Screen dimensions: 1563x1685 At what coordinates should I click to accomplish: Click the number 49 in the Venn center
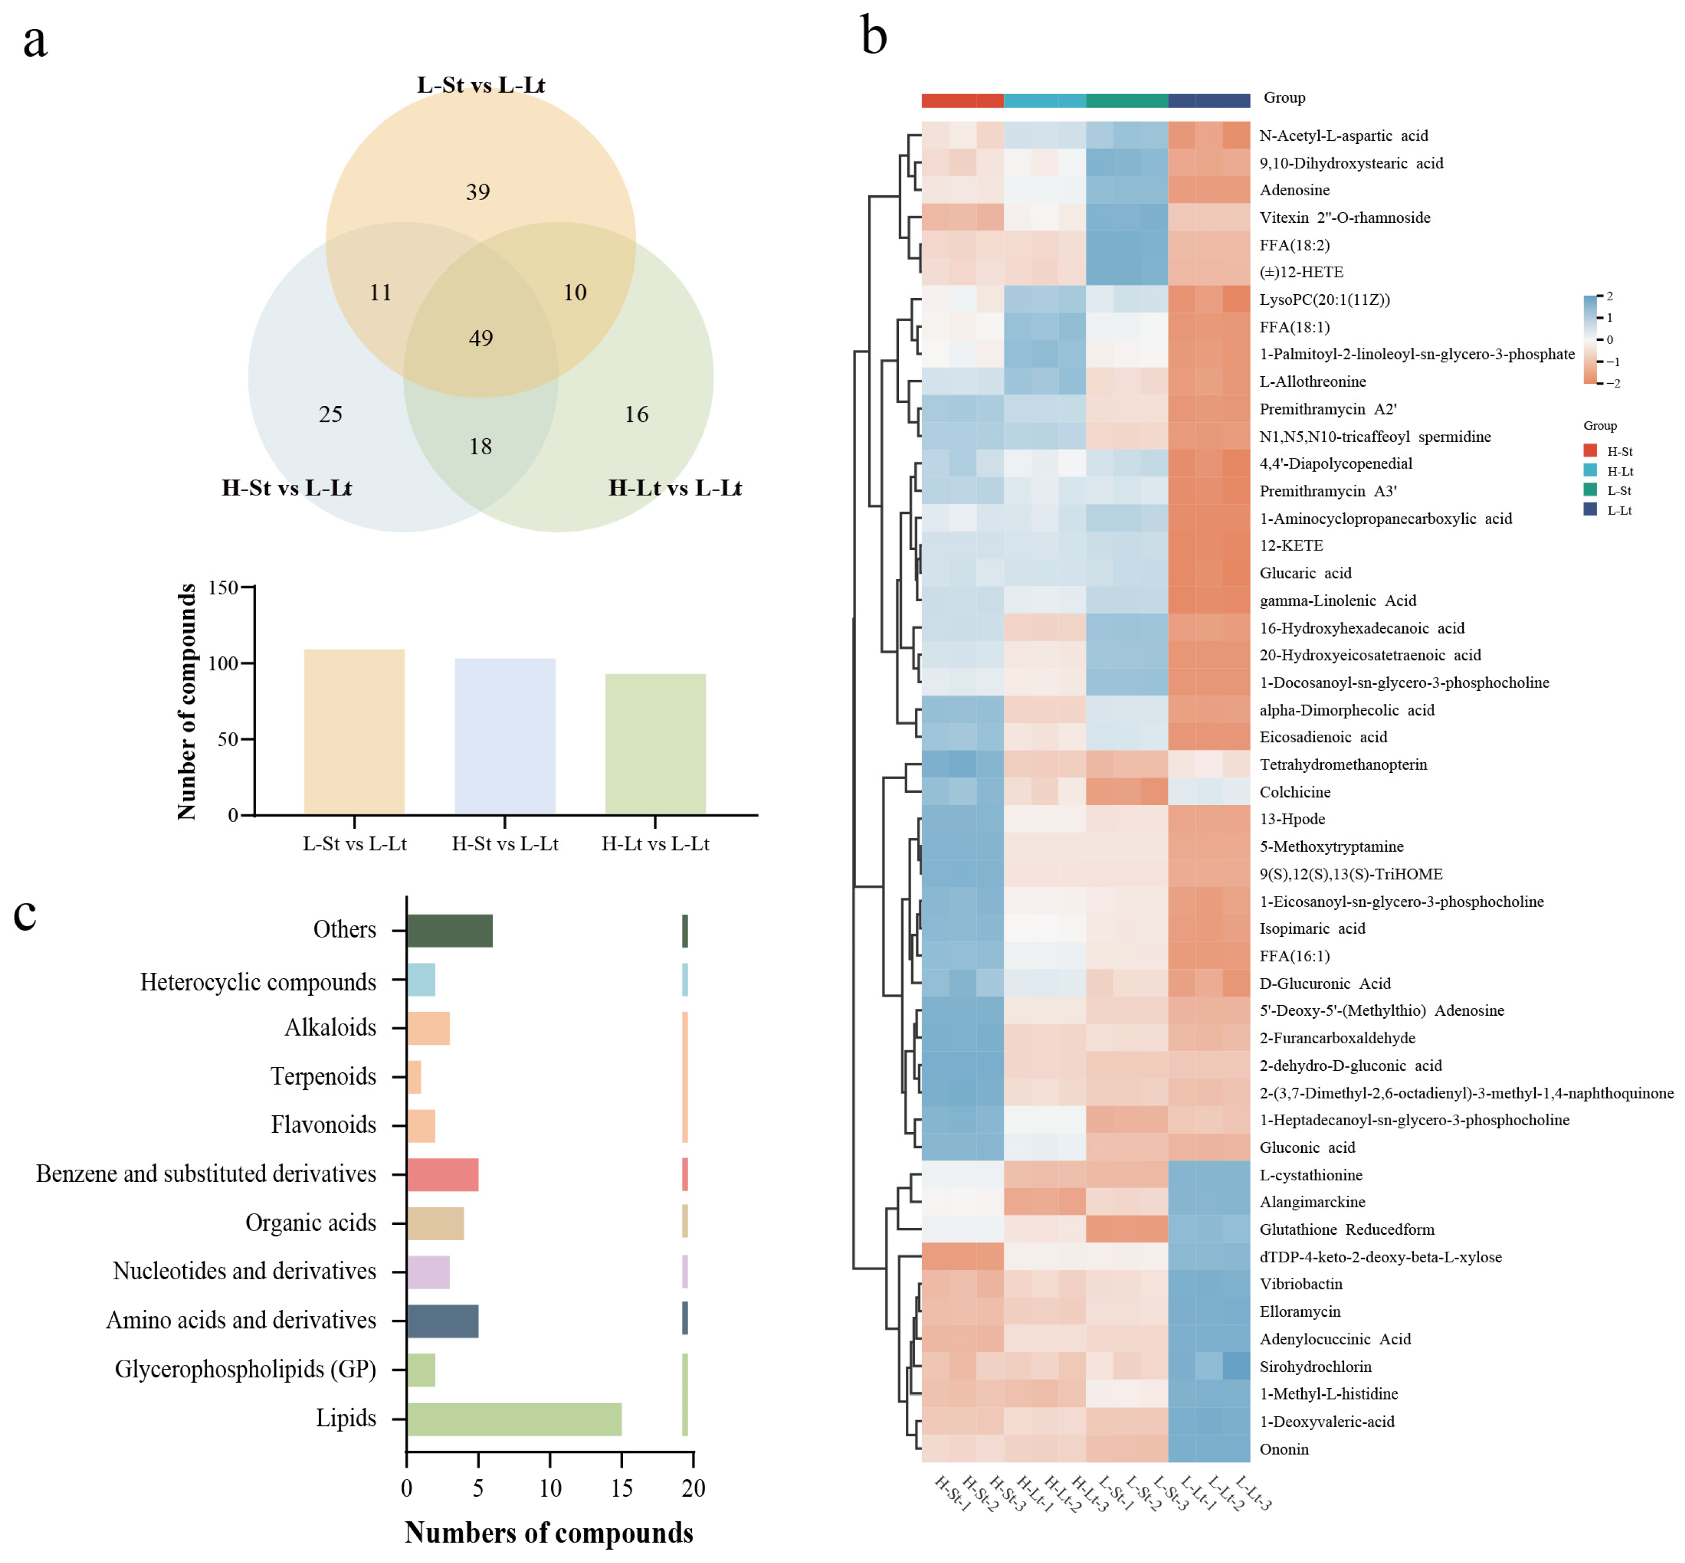coord(481,338)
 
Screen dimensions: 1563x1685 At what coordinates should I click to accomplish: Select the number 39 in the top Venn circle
coord(478,192)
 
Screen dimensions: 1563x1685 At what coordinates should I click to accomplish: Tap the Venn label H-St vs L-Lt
coord(287,488)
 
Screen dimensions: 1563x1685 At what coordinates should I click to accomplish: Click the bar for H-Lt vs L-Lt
coord(655,744)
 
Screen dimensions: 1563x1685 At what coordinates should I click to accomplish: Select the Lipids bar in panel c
coord(513,1419)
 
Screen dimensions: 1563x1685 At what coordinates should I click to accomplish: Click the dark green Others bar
coord(449,930)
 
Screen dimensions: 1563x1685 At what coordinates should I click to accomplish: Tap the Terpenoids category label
coord(323,1076)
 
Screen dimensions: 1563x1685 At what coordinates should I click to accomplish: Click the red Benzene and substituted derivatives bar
coord(443,1174)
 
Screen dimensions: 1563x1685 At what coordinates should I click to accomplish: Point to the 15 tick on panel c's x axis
coord(621,1488)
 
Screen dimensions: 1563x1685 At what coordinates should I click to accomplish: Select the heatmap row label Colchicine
coord(1295,792)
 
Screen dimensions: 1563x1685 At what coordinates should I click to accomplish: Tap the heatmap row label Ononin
coord(1283,1449)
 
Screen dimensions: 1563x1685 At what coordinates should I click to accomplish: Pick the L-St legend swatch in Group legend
coord(1590,491)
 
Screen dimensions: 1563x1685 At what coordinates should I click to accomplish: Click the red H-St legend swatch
coord(1590,451)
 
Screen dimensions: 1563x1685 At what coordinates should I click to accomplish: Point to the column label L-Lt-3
coord(1254,1493)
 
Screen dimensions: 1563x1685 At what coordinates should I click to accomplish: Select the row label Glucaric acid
coord(1305,573)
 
